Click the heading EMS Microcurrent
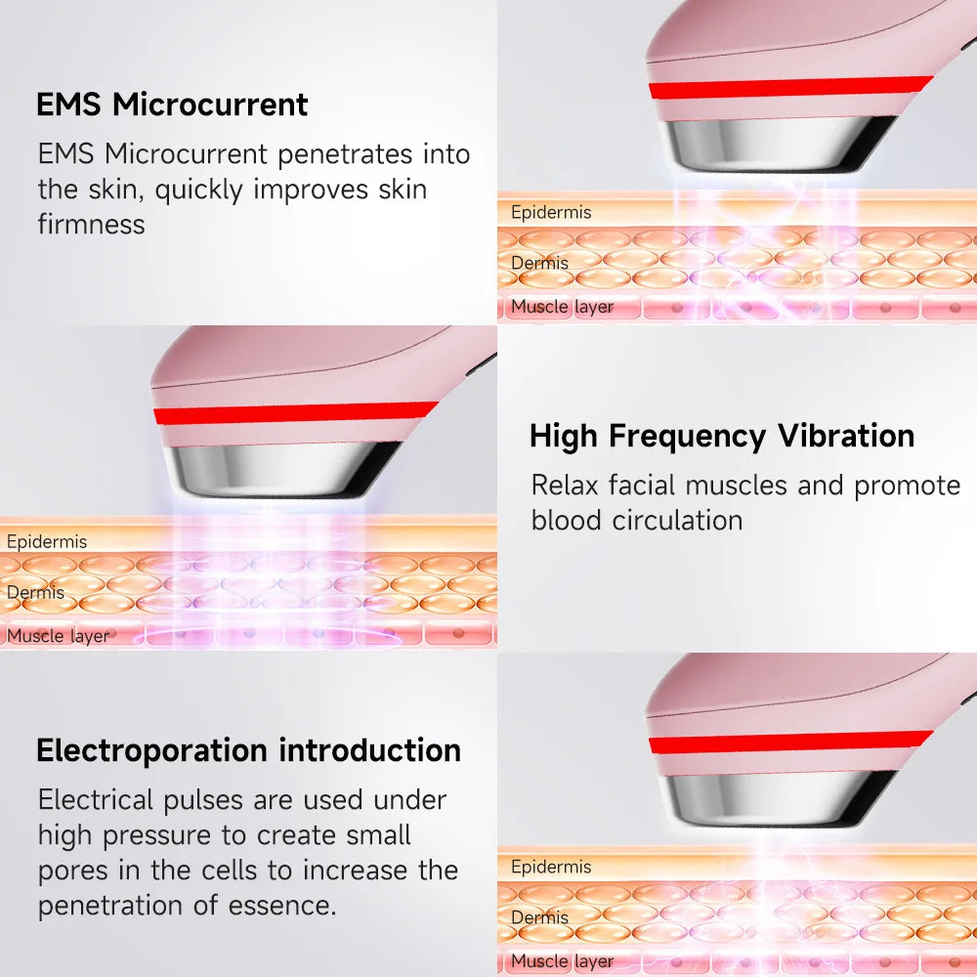172,105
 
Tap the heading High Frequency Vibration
722,436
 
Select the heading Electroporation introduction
248,750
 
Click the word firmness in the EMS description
91,224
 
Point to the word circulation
677,520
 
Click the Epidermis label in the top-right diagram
551,212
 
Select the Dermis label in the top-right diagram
539,262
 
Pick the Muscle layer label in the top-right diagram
562,307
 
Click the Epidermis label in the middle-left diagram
47,541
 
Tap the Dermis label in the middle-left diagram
35,592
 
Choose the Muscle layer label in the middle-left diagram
58,636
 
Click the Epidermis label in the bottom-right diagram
551,867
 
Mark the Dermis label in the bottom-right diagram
539,917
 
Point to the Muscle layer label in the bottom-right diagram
562,961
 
